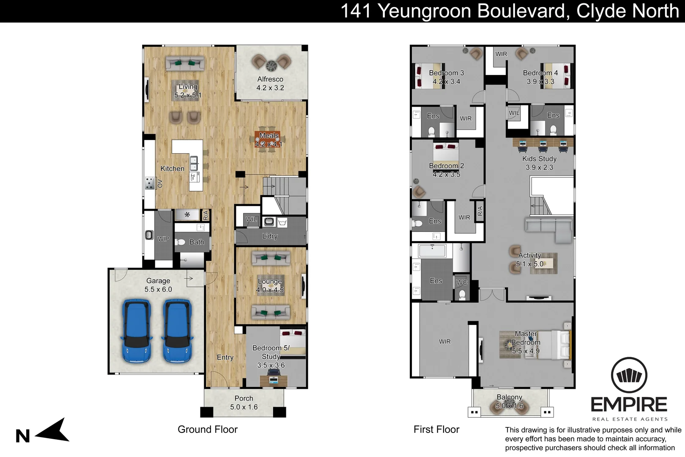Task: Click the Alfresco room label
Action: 270,79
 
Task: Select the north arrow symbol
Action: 53,431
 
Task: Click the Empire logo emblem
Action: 629,375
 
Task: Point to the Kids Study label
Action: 539,159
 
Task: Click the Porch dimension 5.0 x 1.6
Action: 244,407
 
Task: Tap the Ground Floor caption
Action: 208,429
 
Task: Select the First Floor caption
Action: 436,429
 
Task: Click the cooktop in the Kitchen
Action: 150,183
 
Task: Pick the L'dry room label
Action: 270,236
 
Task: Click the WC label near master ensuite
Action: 462,283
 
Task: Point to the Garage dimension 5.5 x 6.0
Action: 158,289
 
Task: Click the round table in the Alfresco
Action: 271,66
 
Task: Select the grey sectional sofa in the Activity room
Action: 548,228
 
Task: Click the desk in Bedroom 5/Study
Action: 274,380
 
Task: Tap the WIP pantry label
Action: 163,239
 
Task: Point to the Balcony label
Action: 509,397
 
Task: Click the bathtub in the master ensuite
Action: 432,251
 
